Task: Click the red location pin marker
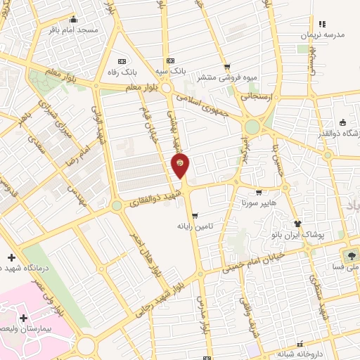tap(181, 164)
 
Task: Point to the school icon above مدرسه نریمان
tap(323, 24)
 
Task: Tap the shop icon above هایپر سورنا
tap(259, 193)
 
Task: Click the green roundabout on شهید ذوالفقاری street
tap(116, 205)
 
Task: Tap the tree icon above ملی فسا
tap(349, 253)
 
